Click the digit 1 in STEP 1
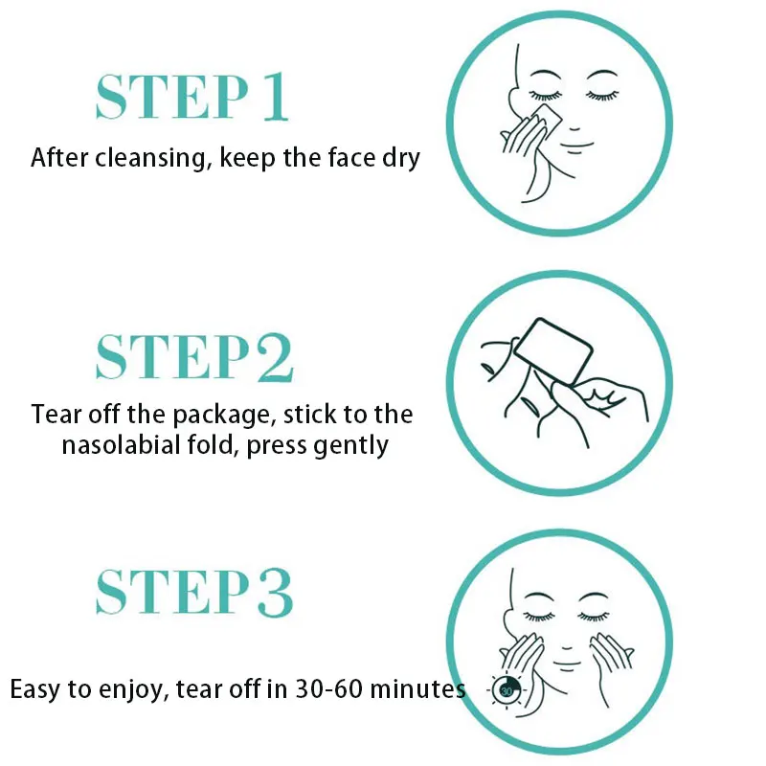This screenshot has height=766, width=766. pyautogui.click(x=274, y=96)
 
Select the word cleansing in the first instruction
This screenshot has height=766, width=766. pyautogui.click(x=147, y=157)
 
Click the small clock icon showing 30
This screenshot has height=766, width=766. pyautogui.click(x=505, y=688)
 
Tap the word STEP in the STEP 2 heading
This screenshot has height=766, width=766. pyautogui.click(x=158, y=356)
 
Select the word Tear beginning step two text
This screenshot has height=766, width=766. pyautogui.click(x=54, y=416)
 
